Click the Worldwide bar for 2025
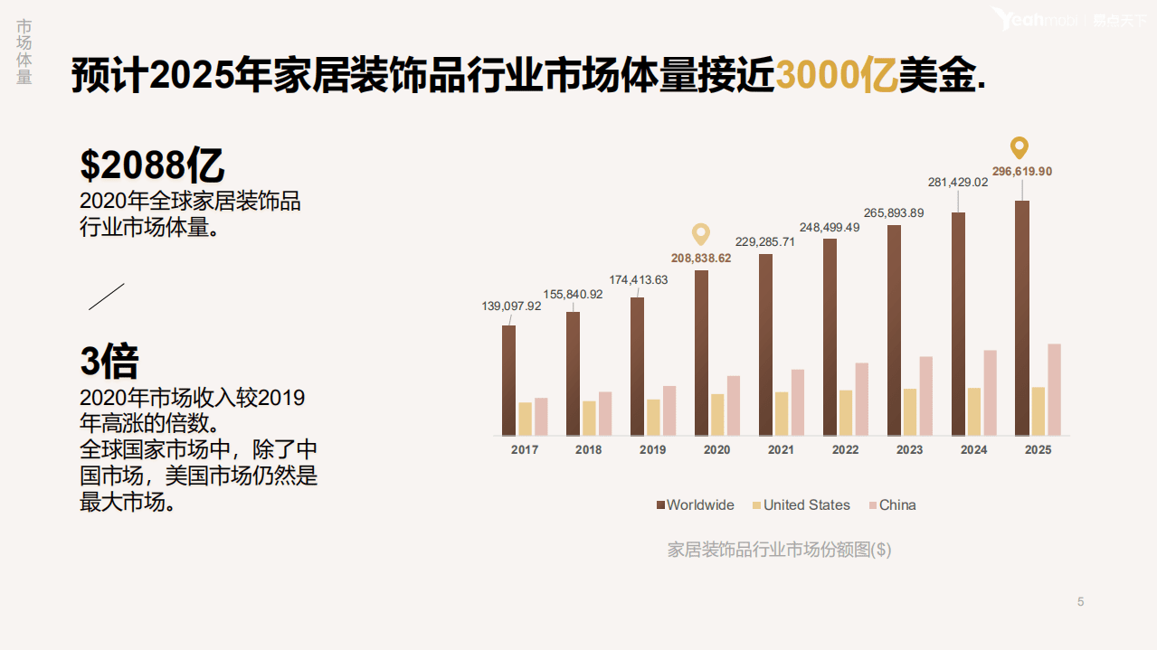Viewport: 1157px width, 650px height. coord(1022,317)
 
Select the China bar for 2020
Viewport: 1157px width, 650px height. coord(734,405)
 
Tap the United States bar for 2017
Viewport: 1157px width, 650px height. coord(525,419)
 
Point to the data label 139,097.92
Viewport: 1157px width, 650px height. coord(511,306)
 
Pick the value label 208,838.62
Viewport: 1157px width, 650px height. coord(701,258)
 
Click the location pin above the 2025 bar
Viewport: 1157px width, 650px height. coord(1019,148)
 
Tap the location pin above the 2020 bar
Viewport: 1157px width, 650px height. coord(701,234)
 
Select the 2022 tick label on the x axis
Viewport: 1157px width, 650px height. coord(846,450)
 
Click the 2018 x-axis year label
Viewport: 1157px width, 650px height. coord(588,450)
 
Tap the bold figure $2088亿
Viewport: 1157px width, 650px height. coord(152,165)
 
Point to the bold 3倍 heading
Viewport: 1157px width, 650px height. coord(109,361)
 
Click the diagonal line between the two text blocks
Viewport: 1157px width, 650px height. coord(106,297)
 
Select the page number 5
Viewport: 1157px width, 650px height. coord(1080,602)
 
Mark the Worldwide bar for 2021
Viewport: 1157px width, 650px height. coord(765,344)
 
